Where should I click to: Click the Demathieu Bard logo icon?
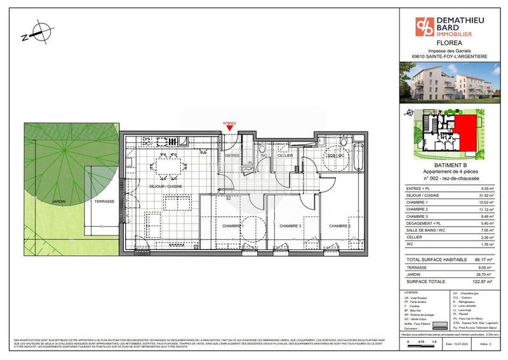click(x=425, y=26)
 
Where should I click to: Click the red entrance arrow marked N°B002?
click(x=229, y=128)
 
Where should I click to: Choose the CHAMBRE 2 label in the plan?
click(x=339, y=225)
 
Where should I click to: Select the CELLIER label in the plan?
click(x=284, y=156)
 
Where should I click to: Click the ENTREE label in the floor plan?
click(x=231, y=156)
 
